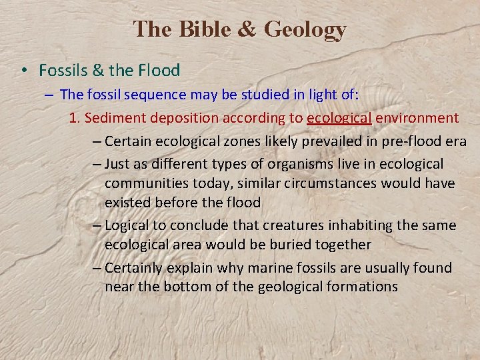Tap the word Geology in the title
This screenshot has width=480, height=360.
(305, 30)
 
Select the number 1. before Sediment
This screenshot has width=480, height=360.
(75, 118)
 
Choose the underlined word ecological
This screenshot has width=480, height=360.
(339, 118)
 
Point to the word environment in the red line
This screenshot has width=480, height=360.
(417, 118)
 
